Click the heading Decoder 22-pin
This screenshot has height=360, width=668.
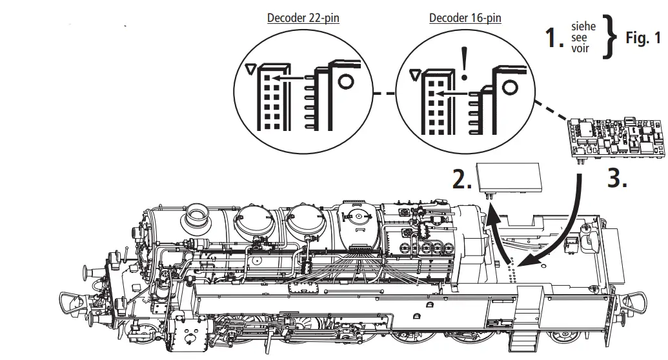[x=303, y=17]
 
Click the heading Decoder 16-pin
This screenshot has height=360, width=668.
[x=465, y=17]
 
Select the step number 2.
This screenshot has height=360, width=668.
[x=460, y=180]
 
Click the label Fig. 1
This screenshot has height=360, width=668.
[x=643, y=38]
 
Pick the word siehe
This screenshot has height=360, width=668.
[x=583, y=27]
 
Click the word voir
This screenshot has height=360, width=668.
[x=580, y=48]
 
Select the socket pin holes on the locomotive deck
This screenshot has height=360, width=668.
[x=512, y=271]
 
